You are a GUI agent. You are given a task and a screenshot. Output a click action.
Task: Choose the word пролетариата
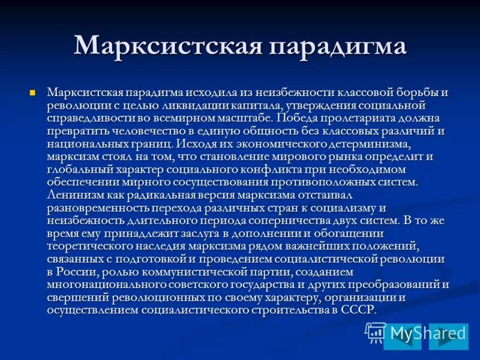(349, 119)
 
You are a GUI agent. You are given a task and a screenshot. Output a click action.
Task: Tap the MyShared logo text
(427, 333)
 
